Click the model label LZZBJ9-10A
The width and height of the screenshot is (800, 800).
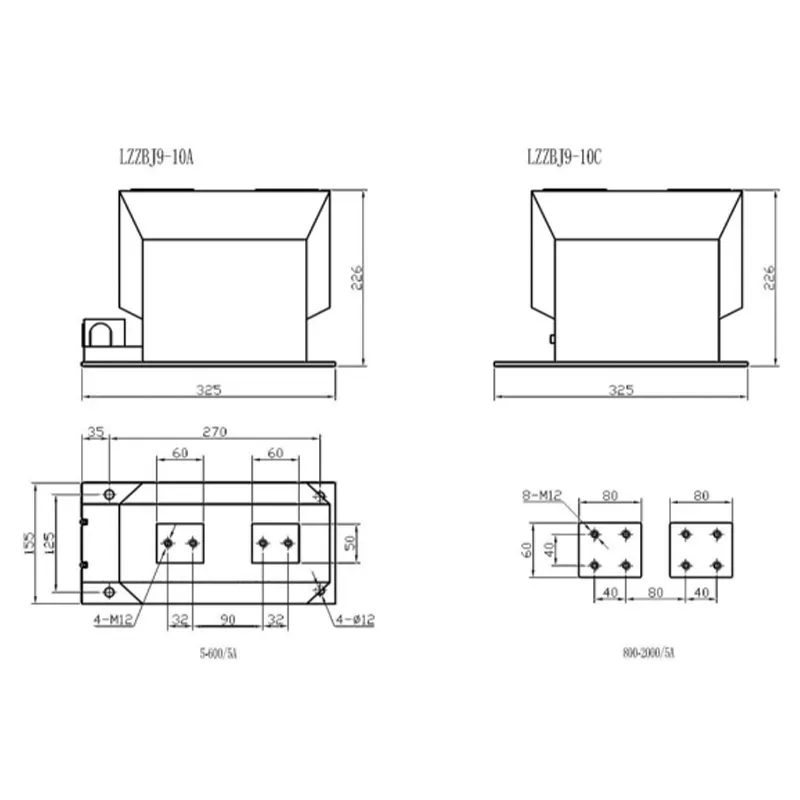coord(157,157)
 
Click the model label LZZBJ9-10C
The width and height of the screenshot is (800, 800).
coord(564,157)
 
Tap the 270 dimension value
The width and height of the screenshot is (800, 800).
coord(215,432)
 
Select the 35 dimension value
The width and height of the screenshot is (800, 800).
coord(95,432)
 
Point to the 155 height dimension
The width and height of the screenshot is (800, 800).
coord(29,543)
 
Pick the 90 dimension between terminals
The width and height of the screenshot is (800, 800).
coord(228,619)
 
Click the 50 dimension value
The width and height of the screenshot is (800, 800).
coord(350,542)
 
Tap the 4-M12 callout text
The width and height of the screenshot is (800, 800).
coord(113,620)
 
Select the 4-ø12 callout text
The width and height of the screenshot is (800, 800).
coord(355,620)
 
